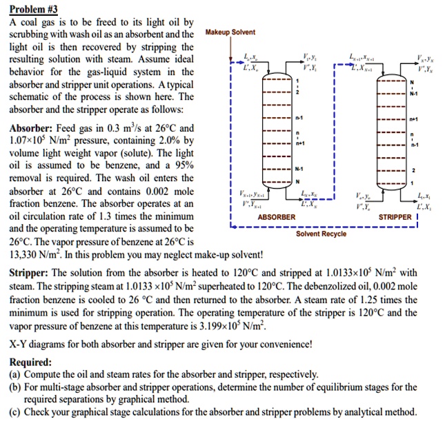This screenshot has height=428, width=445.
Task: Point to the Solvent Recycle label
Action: click(x=322, y=234)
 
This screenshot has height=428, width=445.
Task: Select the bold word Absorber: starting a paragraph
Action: click(x=32, y=129)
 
